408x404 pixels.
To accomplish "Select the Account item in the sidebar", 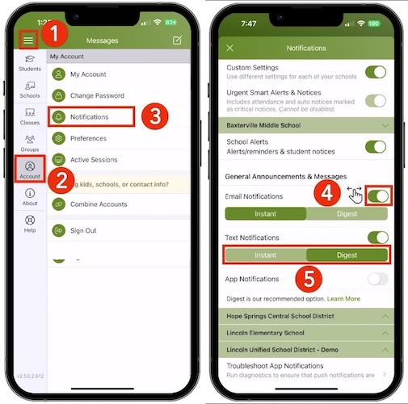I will (30, 170).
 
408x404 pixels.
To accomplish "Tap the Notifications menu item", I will (90, 117).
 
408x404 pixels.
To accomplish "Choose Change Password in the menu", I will (97, 95).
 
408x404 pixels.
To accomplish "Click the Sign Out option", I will (84, 230).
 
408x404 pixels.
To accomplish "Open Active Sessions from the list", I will (94, 160).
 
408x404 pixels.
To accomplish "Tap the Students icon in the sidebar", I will (30, 63).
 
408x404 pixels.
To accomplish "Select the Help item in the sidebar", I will (30, 224).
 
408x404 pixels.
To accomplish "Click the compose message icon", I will (177, 40).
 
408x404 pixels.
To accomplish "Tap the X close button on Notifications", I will (230, 48).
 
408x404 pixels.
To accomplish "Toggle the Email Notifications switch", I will (377, 196).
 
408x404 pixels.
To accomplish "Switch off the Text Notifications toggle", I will (376, 238).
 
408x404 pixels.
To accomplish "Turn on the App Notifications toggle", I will (376, 280).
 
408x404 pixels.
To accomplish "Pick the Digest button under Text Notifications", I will (347, 255).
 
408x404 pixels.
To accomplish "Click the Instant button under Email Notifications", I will (265, 214).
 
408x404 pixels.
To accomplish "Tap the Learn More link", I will (343, 299).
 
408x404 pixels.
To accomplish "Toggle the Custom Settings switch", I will (375, 72).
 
